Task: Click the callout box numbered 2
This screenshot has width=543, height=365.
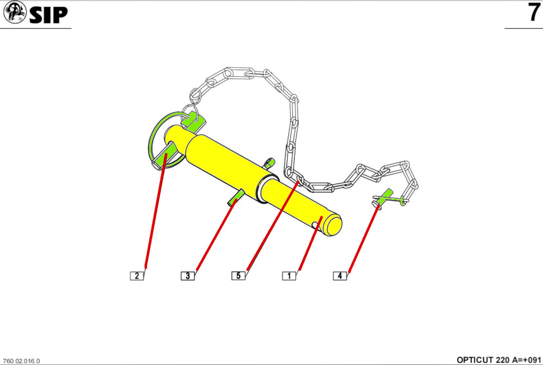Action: point(137,276)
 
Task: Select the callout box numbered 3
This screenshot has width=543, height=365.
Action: point(188,276)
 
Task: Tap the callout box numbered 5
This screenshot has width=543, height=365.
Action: point(238,276)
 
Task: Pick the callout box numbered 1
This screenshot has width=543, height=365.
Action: point(289,276)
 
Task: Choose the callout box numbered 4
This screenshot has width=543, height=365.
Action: point(340,276)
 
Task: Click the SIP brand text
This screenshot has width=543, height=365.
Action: point(48,15)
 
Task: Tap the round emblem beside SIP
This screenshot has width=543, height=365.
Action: point(15,12)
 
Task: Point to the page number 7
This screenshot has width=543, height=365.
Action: point(534,12)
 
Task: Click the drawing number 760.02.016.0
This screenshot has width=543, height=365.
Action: point(22,361)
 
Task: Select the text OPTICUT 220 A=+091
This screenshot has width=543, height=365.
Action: point(498,360)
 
